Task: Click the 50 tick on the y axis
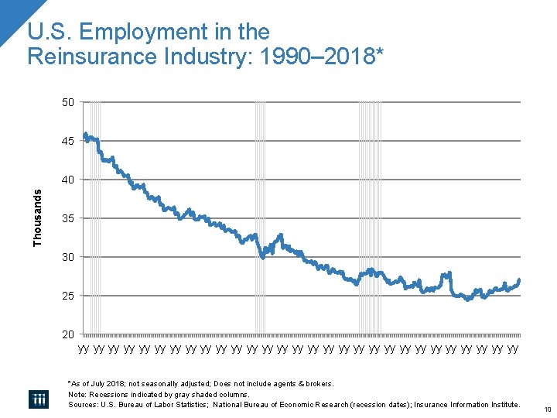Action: click(68, 102)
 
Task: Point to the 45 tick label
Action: click(68, 141)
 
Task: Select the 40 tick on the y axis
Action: click(68, 180)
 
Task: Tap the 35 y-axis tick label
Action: click(68, 218)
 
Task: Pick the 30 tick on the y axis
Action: click(68, 257)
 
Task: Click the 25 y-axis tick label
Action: click(68, 296)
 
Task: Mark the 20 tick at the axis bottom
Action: click(68, 334)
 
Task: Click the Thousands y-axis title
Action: click(38, 218)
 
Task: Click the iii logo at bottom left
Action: click(39, 399)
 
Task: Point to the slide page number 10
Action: click(545, 409)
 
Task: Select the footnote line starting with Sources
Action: click(294, 405)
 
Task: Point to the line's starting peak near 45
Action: click(85, 135)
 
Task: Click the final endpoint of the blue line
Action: click(519, 279)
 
